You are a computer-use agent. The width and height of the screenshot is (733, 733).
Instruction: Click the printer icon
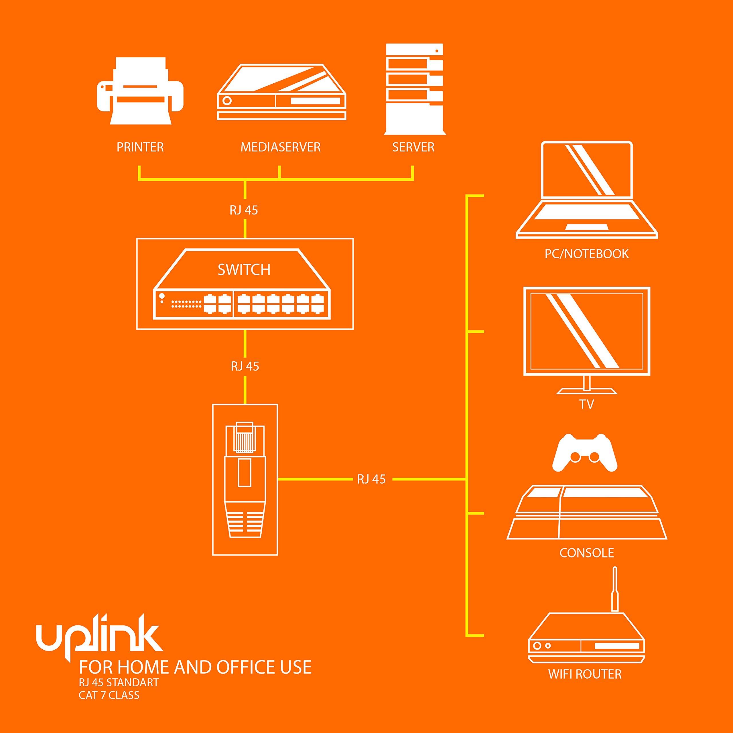(140, 91)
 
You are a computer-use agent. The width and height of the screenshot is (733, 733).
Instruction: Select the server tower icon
(414, 89)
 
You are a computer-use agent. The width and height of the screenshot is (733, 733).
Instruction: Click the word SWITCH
(244, 270)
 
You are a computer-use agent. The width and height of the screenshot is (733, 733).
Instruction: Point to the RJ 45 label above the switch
(244, 210)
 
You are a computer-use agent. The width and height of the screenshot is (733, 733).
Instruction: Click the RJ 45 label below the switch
(245, 366)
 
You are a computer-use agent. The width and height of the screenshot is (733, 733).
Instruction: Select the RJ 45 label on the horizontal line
(371, 479)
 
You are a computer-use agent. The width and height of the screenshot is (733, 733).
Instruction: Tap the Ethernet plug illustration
(245, 480)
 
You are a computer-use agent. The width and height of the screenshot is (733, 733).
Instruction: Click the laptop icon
(587, 190)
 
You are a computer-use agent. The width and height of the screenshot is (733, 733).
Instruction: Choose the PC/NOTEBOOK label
(587, 254)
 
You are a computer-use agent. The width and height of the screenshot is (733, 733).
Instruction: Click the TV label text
(587, 405)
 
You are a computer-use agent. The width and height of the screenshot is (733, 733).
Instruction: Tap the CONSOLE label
(587, 553)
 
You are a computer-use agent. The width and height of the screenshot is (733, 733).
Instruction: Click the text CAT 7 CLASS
(109, 695)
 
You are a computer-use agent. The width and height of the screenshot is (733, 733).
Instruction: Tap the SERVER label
(413, 147)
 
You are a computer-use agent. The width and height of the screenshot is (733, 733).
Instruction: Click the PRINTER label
(140, 147)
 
